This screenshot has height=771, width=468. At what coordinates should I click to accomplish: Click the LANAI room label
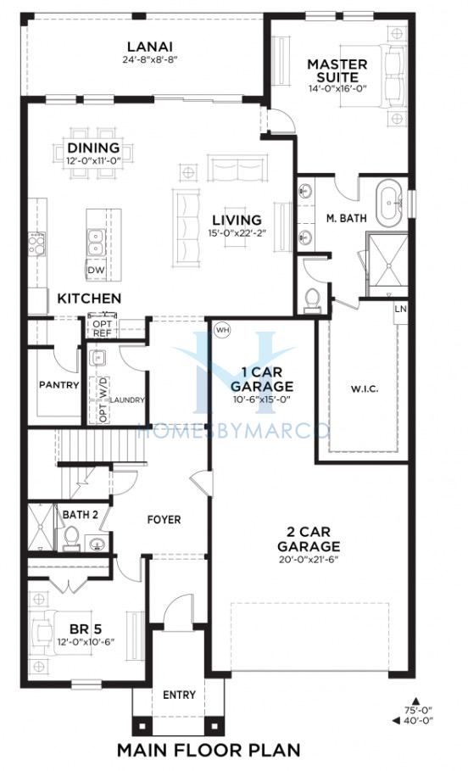click(x=150, y=47)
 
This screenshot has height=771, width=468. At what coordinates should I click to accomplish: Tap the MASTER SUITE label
click(x=337, y=70)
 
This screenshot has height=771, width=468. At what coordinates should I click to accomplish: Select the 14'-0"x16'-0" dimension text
click(x=338, y=89)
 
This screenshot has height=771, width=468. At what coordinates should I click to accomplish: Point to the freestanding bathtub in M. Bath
click(x=392, y=202)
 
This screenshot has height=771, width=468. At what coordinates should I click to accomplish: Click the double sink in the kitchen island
click(x=95, y=243)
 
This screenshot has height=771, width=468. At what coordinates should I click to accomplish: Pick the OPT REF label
click(x=103, y=329)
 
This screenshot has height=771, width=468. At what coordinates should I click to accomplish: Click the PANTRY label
click(x=59, y=384)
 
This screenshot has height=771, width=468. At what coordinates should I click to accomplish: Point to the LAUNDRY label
click(x=127, y=400)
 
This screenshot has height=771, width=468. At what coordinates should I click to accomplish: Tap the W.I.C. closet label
click(x=365, y=389)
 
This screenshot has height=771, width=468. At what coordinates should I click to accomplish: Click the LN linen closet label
click(x=401, y=309)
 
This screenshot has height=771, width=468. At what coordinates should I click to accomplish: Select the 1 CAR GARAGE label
click(x=262, y=380)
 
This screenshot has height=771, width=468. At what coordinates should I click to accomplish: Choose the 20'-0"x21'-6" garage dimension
click(x=309, y=559)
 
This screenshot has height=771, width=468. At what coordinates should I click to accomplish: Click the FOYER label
click(x=164, y=520)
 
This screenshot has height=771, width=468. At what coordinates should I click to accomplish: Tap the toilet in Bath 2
click(x=72, y=538)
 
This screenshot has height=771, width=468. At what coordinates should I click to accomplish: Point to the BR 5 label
click(x=86, y=629)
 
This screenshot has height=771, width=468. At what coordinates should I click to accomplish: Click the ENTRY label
click(x=180, y=695)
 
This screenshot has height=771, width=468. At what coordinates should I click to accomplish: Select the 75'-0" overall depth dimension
click(x=419, y=710)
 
